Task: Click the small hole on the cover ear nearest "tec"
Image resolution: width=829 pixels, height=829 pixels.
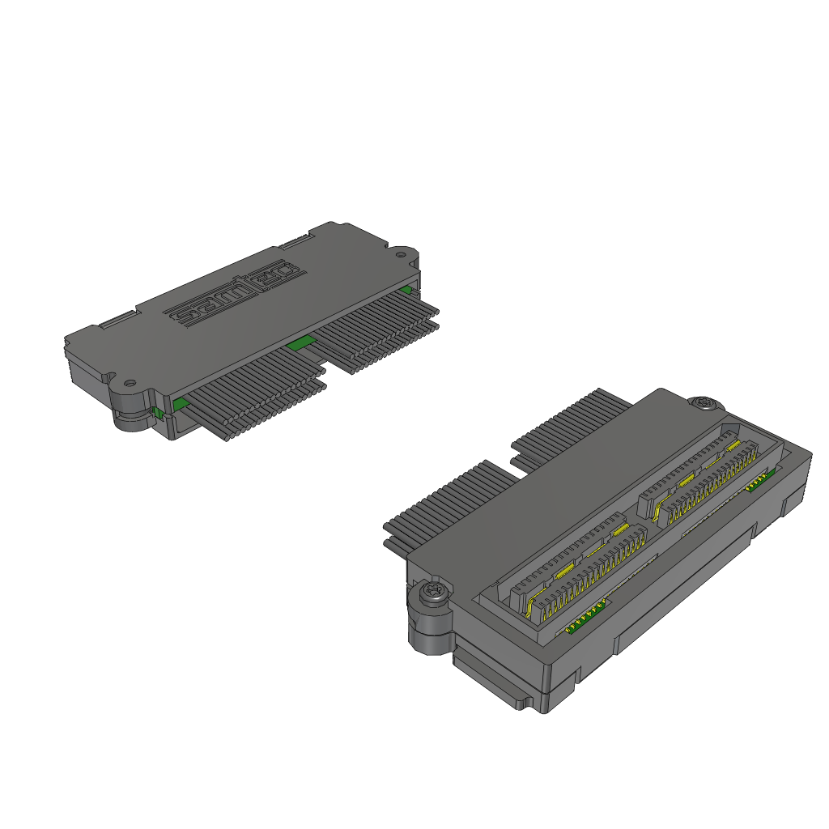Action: pos(401,255)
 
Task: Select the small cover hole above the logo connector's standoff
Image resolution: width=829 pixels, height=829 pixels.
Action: pos(129,382)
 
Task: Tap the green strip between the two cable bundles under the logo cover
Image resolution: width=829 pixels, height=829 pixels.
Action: pos(300,343)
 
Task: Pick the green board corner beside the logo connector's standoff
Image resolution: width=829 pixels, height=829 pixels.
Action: pos(181,405)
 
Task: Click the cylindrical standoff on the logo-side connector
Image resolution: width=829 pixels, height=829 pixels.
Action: pos(132,410)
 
